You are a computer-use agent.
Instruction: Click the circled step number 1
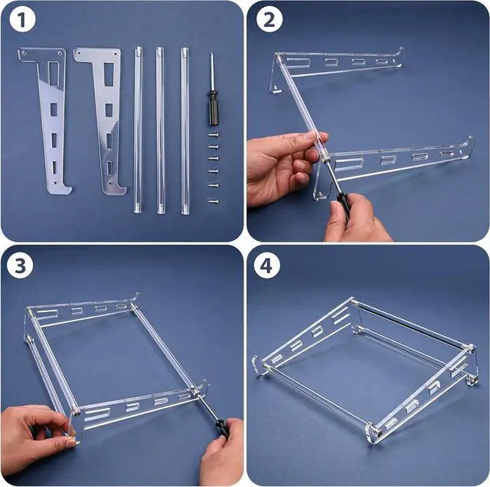[x=23, y=21]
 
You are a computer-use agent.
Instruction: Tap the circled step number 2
[x=268, y=21]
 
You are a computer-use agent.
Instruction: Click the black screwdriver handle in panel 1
[x=212, y=108]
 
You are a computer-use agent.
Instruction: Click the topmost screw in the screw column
[x=212, y=135]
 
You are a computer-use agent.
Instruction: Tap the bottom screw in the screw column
[x=212, y=201]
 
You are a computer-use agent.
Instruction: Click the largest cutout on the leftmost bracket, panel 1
[x=52, y=73]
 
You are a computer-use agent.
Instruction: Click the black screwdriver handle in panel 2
[x=341, y=204]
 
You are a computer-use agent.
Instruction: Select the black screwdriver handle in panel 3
[x=221, y=426]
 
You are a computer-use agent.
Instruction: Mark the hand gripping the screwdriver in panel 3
[x=222, y=460]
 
